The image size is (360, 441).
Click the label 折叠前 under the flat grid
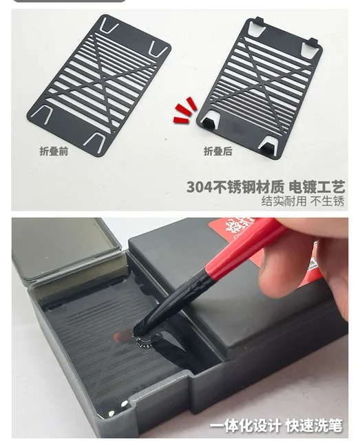click(x=53, y=152)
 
